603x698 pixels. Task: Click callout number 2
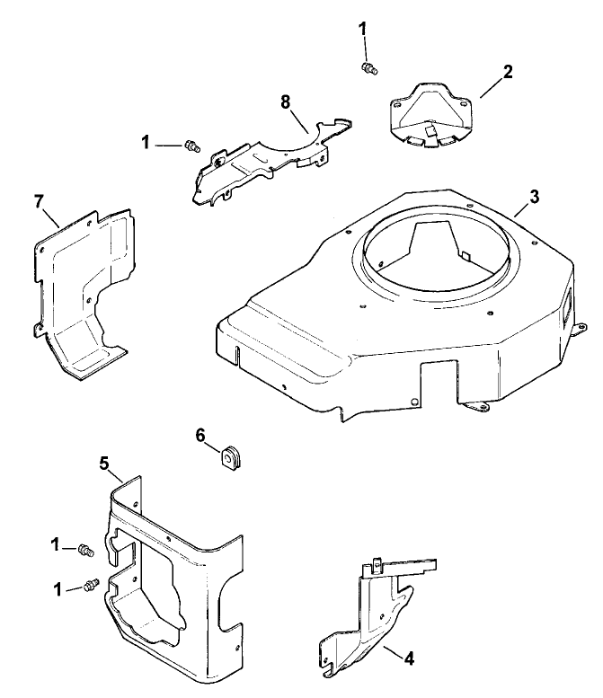(x=508, y=73)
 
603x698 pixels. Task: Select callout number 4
(x=408, y=658)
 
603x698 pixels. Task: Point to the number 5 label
(x=104, y=463)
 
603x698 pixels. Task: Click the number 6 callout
(x=200, y=435)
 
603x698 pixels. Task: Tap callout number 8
(x=286, y=102)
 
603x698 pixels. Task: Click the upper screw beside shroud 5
(x=86, y=549)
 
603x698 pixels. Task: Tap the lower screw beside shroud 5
(x=89, y=585)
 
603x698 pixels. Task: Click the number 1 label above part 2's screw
(x=363, y=29)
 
